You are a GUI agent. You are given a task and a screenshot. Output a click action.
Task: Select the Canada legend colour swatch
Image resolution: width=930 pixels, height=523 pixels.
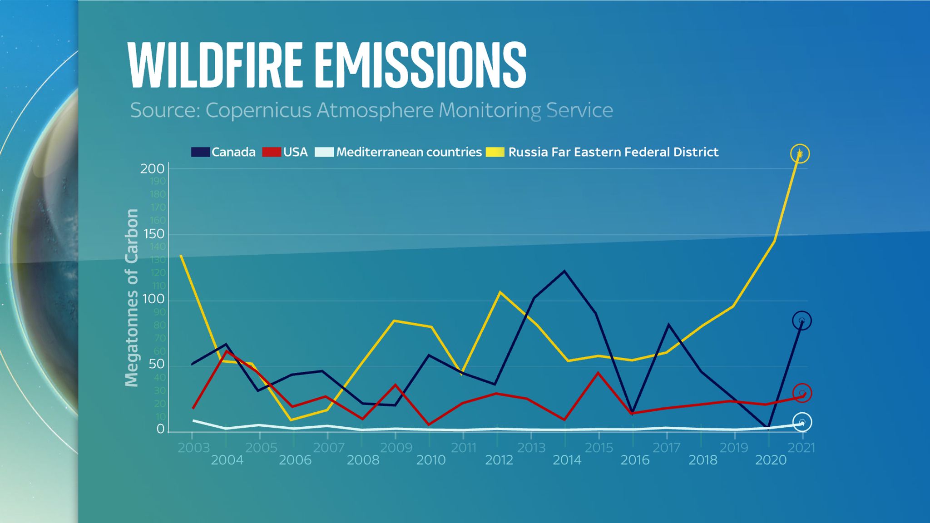(x=200, y=152)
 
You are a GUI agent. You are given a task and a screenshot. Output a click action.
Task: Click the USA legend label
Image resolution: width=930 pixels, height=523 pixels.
(x=295, y=152)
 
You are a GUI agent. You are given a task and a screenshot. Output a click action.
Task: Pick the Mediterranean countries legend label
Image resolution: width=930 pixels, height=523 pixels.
(x=409, y=152)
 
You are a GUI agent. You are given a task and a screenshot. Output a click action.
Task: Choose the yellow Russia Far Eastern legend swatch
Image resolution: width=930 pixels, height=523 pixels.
(x=495, y=152)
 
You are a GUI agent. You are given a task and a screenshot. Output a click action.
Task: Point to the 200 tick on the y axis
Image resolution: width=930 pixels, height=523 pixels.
(x=152, y=169)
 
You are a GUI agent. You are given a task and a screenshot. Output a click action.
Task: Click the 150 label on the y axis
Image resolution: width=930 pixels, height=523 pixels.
(x=153, y=234)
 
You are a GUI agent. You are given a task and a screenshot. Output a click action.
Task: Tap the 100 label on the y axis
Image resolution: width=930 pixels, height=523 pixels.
(x=153, y=300)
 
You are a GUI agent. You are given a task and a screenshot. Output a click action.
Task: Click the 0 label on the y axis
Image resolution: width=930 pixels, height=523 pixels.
(x=160, y=429)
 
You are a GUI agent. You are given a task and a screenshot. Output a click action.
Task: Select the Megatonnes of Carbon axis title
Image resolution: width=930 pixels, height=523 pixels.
(x=132, y=298)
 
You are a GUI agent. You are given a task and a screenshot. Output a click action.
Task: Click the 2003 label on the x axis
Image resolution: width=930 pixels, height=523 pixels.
(x=193, y=448)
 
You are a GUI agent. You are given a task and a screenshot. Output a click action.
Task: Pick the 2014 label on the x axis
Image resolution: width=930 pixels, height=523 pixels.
(x=567, y=460)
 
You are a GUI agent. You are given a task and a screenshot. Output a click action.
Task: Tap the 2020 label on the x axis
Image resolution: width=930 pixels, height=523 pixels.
(x=771, y=460)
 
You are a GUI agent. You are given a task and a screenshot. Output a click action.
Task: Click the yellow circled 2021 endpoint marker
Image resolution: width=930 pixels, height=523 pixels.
(x=800, y=154)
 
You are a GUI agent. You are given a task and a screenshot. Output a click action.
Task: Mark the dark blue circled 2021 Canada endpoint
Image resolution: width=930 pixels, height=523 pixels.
(x=801, y=321)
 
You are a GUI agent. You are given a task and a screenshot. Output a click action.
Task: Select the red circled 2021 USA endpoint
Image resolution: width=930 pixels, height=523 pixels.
(x=802, y=393)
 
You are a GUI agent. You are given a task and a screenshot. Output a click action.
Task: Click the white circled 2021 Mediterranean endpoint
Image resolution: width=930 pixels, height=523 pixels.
(x=802, y=422)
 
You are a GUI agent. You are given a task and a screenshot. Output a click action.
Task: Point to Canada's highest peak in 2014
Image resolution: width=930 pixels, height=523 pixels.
(x=564, y=271)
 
